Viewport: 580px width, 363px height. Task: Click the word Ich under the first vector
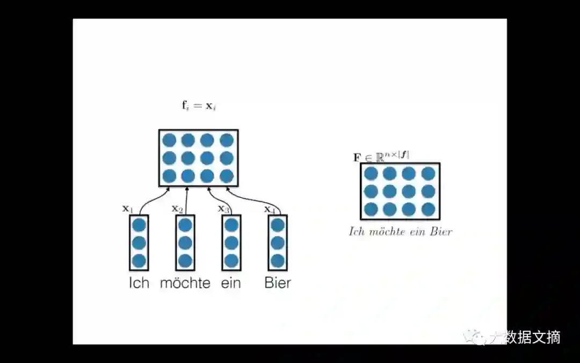[139, 283]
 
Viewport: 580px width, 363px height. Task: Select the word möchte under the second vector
[185, 283]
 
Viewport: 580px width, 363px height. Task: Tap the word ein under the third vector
[231, 283]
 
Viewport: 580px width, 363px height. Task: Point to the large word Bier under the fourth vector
[278, 283]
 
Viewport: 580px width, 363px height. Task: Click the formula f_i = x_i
[199, 105]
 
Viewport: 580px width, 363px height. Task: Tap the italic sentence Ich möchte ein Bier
[401, 232]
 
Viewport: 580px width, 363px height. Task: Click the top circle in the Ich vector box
[139, 225]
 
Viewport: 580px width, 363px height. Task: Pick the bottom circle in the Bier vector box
[278, 261]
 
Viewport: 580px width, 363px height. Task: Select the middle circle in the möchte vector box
[185, 243]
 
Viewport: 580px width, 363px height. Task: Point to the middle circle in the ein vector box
[231, 243]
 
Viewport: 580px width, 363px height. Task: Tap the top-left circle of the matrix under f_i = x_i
[170, 140]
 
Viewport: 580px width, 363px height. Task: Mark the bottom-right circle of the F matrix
[428, 209]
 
